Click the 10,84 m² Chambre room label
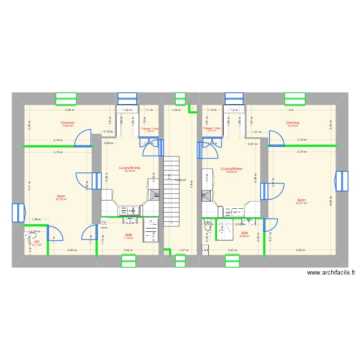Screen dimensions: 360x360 pyautogui.click(x=67, y=124)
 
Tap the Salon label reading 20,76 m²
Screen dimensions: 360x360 pyautogui.click(x=61, y=198)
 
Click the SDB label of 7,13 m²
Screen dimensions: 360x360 pyautogui.click(x=128, y=236)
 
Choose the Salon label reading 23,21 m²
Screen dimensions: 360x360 pyautogui.click(x=301, y=202)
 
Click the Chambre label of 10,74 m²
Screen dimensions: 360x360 pyautogui.click(x=292, y=124)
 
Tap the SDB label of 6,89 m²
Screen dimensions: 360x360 pyautogui.click(x=245, y=234)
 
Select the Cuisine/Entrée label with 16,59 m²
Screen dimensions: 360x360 pyautogui.click(x=231, y=170)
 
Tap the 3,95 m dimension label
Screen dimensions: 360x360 pyautogui.click(x=300, y=250)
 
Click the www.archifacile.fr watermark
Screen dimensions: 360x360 pyautogui.click(x=331, y=272)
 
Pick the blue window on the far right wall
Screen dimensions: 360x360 pyautogui.click(x=341, y=180)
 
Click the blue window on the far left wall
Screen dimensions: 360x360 pyautogui.click(x=18, y=214)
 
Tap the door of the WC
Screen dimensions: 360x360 pyautogui.click(x=56, y=234)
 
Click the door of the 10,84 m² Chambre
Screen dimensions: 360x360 pyautogui.click(x=83, y=138)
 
